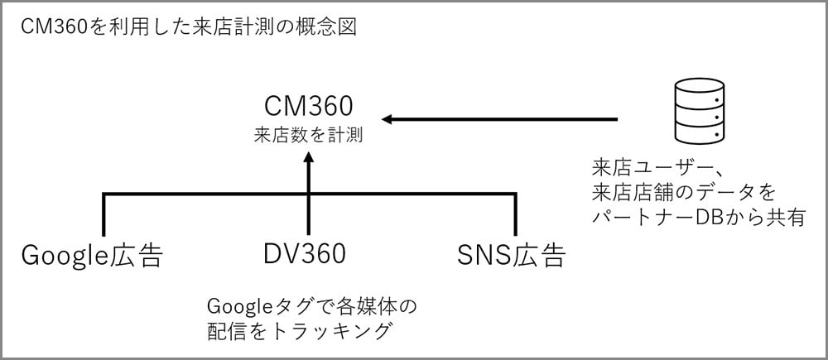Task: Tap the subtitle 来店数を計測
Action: point(308,134)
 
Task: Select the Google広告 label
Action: point(91,255)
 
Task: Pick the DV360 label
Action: point(306,254)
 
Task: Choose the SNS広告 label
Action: point(511,255)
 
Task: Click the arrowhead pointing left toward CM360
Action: point(388,120)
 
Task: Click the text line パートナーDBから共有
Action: point(699,218)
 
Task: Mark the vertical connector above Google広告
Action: point(103,215)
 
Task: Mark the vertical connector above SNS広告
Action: point(515,215)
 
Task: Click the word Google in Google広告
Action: point(64,255)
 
